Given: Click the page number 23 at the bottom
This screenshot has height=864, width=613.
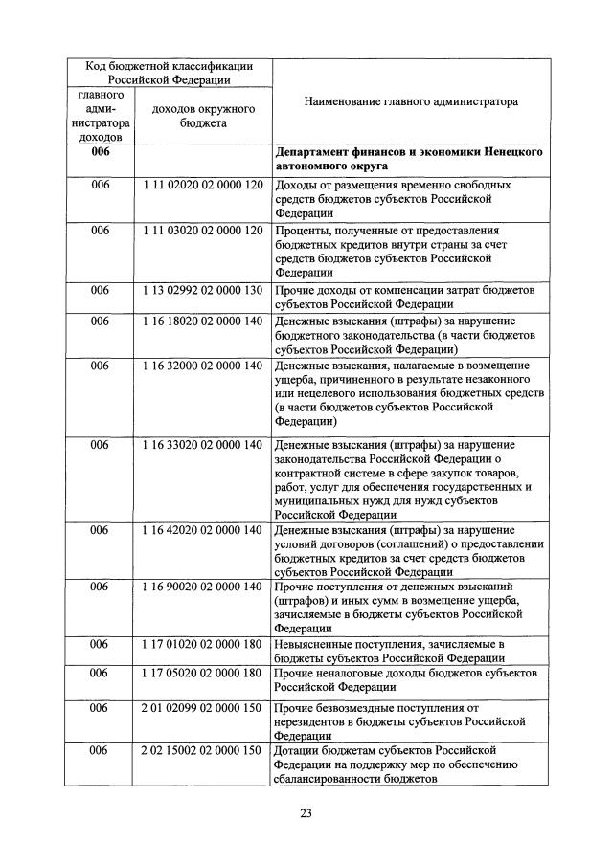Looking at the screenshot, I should click(x=306, y=814).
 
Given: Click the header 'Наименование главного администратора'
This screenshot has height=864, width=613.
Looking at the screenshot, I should click(x=410, y=100).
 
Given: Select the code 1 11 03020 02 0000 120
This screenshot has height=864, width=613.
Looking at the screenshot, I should click(x=202, y=231).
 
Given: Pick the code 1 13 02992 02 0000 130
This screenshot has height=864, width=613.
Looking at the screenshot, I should click(x=202, y=290).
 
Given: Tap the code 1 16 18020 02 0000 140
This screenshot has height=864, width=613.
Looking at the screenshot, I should click(x=202, y=321).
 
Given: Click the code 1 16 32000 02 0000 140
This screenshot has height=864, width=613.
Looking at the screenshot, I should click(x=202, y=366).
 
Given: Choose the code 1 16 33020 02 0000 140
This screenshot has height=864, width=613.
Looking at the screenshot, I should click(x=202, y=445).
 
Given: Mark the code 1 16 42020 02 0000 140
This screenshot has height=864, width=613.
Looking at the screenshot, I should click(x=202, y=530).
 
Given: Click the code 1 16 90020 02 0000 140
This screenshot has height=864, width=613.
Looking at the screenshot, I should click(x=202, y=586).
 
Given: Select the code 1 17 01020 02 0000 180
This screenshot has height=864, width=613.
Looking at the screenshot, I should click(x=202, y=644).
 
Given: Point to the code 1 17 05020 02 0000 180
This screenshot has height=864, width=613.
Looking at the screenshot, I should click(x=202, y=674).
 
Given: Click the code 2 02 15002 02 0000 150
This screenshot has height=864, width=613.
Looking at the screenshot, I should click(x=202, y=750).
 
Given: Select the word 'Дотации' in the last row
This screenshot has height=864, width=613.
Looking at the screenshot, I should click(x=298, y=750).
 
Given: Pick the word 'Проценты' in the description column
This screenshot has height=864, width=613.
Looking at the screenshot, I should click(x=303, y=231).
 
